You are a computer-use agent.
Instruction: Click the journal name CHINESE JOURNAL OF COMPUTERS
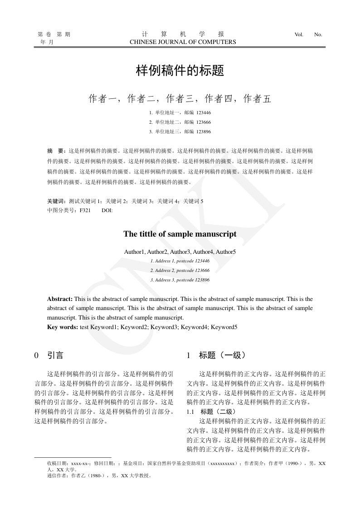[x=183, y=42]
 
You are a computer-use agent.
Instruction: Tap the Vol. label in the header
[x=299, y=34]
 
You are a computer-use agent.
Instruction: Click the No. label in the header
[x=318, y=34]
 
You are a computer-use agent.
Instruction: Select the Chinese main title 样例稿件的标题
[x=180, y=71]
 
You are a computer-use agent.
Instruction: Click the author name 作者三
[x=180, y=99]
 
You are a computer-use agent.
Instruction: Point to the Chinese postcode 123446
[x=204, y=112]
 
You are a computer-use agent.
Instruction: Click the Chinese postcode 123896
[x=204, y=131]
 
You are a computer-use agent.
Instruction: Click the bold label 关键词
[x=56, y=201]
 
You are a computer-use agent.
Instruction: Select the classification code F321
[x=85, y=210]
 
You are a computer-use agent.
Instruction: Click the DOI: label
[x=107, y=210]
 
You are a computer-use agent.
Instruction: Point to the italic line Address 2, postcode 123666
[x=180, y=271]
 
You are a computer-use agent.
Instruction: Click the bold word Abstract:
[x=60, y=299]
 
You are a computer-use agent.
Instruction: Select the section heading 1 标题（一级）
[x=216, y=356]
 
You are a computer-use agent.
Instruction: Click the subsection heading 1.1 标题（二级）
[x=211, y=412]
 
